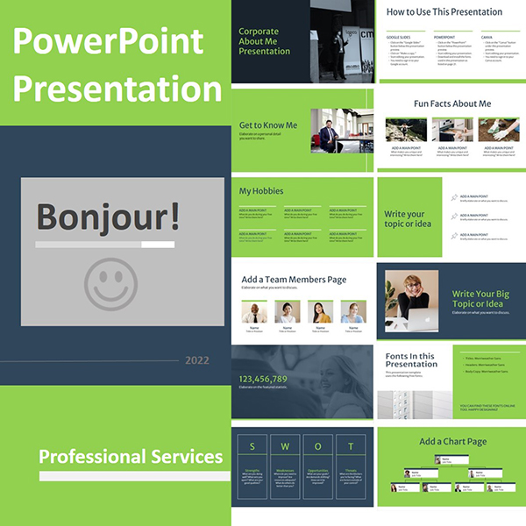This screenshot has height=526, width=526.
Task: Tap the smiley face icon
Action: coord(111,281)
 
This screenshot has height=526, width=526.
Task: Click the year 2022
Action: coord(197,359)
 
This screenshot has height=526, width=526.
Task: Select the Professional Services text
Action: coord(130,456)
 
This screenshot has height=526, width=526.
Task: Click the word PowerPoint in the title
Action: coord(108,40)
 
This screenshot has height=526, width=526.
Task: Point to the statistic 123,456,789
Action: coord(263,379)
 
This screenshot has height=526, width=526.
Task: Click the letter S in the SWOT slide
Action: coord(253,445)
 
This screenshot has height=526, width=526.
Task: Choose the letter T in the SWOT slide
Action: coord(351,445)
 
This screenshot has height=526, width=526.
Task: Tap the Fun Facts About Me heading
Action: coord(452,103)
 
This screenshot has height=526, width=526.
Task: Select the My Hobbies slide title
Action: coord(261,190)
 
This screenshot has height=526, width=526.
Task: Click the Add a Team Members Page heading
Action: coord(294,280)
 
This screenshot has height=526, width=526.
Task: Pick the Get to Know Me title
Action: coord(268,125)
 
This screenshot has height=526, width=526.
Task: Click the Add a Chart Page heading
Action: coord(452,442)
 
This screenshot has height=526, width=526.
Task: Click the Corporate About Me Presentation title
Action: coord(264,41)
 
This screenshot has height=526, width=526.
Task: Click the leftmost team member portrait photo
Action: coord(253,312)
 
